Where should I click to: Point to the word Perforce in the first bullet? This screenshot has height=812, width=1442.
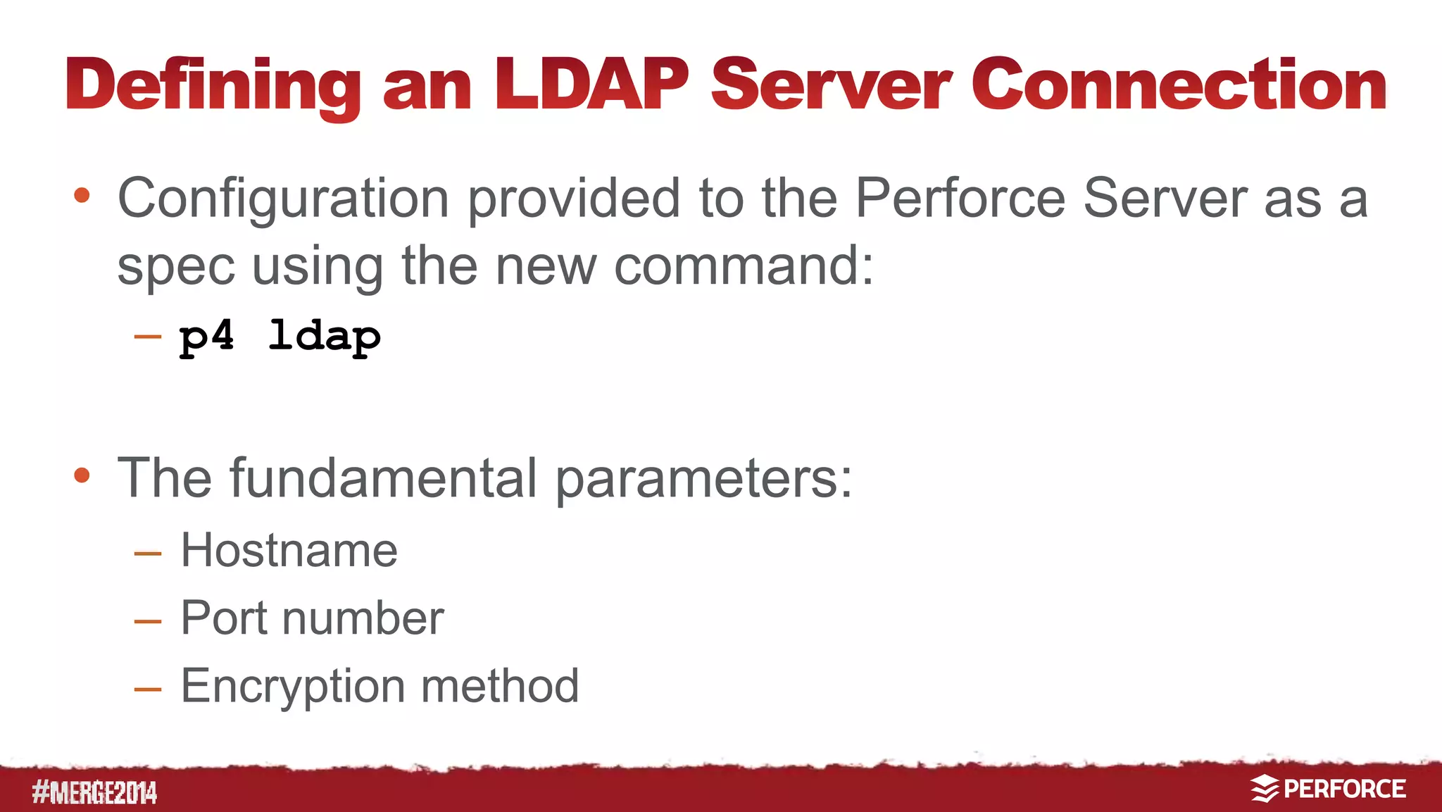click(x=960, y=198)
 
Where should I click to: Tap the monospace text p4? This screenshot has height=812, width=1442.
click(x=206, y=337)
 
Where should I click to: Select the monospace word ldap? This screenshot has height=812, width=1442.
click(x=325, y=337)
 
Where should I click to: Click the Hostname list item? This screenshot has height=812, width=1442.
click(x=289, y=550)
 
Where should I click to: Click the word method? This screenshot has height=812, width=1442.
click(x=500, y=686)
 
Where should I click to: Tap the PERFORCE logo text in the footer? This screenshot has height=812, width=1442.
click(x=1344, y=789)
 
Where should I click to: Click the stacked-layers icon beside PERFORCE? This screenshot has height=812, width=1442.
click(x=1265, y=789)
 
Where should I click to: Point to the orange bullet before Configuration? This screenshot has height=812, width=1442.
click(x=82, y=195)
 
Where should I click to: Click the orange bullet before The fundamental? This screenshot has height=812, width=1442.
click(x=82, y=475)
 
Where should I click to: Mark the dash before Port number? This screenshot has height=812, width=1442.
click(x=148, y=621)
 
